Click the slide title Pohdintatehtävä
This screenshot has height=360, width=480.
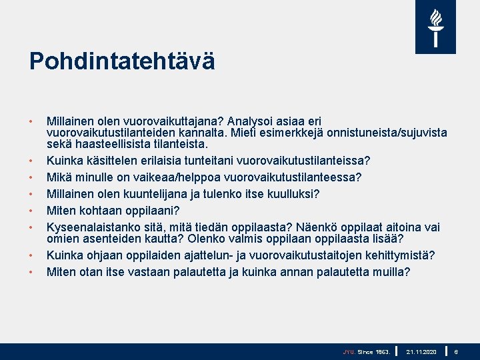122,62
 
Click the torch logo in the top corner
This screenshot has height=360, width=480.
435,27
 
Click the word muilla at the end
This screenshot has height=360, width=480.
393,272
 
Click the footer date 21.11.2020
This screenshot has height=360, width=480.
421,351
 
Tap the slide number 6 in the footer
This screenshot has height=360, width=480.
456,351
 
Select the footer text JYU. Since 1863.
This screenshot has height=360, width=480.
366,351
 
